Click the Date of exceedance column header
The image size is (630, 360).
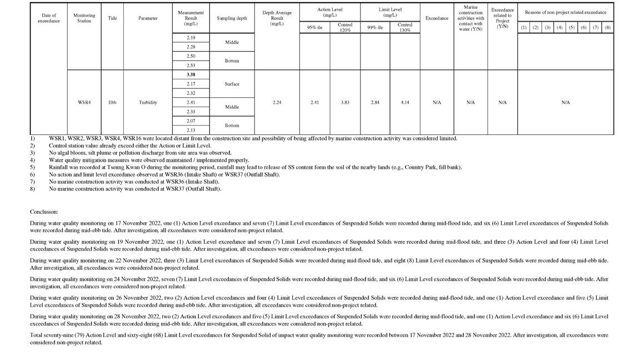click(48, 18)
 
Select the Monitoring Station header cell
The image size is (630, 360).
click(84, 18)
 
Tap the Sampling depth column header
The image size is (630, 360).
click(232, 18)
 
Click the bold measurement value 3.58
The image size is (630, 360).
click(191, 74)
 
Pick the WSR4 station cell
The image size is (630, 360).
click(84, 102)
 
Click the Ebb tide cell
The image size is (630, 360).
click(112, 102)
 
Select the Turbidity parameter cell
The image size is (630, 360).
click(148, 102)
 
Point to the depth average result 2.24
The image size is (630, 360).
click(277, 102)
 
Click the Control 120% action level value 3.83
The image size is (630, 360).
click(344, 102)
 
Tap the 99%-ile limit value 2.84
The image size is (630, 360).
click(374, 102)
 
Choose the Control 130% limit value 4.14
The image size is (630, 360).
click(404, 102)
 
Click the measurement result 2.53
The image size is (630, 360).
click(191, 66)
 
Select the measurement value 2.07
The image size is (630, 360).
click(191, 121)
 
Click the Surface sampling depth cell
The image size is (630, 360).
click(232, 84)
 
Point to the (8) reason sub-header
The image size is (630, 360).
click(607, 27)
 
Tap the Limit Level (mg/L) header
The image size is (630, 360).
click(389, 12)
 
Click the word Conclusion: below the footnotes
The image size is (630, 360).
click(44, 212)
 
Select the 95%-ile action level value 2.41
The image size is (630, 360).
click(314, 102)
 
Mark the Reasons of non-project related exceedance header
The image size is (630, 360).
click(566, 12)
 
